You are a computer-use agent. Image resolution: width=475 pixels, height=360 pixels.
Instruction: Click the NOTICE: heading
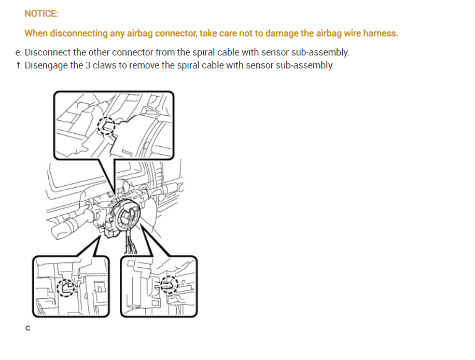pos(41,14)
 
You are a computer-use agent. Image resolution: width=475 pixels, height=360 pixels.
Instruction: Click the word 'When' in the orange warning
pos(36,33)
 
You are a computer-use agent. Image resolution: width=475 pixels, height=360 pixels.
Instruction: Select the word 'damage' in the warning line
pos(282,33)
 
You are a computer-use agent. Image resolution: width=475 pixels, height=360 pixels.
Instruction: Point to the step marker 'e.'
pos(19,52)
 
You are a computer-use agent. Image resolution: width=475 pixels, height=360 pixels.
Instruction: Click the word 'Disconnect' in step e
pos(48,52)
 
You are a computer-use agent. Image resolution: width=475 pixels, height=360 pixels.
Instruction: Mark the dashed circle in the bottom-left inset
pos(66,287)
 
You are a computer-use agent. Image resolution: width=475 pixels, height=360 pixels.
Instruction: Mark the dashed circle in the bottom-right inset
pos(169,285)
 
